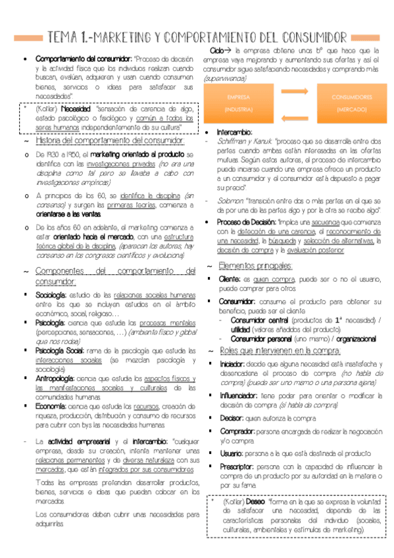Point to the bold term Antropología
(x=54, y=378)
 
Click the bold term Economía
(x=49, y=407)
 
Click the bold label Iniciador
(x=233, y=363)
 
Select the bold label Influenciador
(x=241, y=395)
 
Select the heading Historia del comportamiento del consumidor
(x=109, y=141)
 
